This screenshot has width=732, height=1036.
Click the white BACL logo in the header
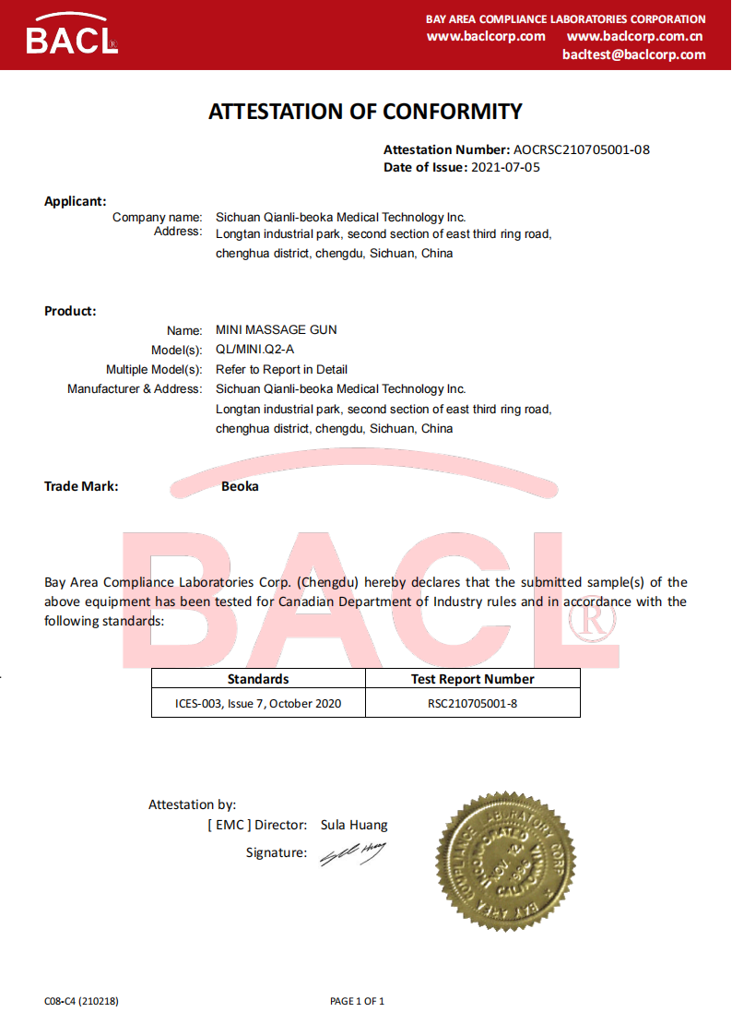71,36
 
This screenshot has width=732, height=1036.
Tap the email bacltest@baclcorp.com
634,54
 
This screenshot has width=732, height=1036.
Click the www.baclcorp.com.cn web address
635,36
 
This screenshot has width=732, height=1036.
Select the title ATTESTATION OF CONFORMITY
365,112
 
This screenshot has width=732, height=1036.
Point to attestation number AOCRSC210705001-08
582,149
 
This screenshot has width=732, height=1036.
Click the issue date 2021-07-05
505,167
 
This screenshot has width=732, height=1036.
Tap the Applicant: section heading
76,201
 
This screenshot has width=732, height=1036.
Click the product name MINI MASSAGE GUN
276,329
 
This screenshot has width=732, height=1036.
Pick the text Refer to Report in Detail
281,369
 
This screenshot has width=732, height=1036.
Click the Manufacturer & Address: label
135,389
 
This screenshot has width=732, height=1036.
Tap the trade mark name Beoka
240,486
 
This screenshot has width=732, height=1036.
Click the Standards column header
258,679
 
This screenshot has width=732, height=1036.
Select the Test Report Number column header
472,679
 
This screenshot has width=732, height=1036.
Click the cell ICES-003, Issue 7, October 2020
258,704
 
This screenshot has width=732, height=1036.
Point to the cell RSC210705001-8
472,704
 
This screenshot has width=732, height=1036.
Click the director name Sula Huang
354,825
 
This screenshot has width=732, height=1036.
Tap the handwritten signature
352,853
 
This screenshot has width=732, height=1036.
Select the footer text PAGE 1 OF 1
357,1001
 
